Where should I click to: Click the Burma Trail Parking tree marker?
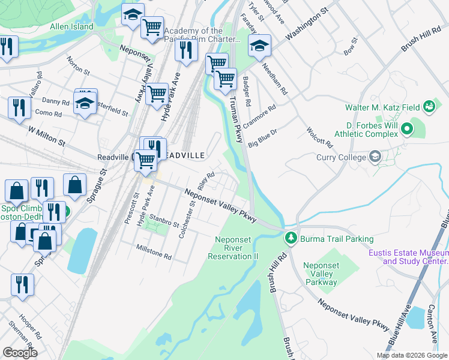click(291, 238)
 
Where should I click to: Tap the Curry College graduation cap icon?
click(375, 157)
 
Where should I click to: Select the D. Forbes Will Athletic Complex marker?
click(406, 128)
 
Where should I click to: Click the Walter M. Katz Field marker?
click(429, 107)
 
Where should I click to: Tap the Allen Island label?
click(71, 26)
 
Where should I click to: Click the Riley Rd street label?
click(206, 179)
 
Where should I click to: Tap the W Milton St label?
click(46, 135)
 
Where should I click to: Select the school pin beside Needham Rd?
click(259, 46)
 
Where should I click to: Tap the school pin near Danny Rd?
click(85, 102)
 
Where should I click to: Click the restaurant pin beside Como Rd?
click(19, 107)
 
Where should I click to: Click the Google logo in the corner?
click(19, 353)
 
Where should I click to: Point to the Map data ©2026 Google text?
click(412, 355)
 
